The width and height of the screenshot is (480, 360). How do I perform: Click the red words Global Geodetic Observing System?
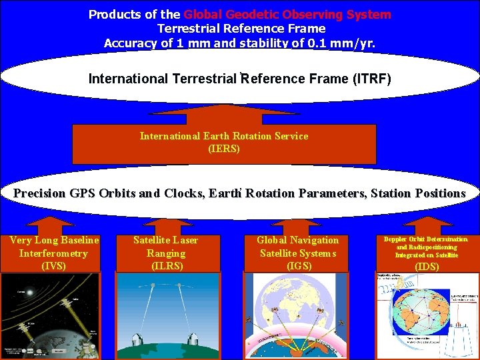tap(287, 14)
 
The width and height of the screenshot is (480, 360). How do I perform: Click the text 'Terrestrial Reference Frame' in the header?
tap(241, 28)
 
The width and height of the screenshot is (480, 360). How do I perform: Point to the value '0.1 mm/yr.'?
tap(341, 43)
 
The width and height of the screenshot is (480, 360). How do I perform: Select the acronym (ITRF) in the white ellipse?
tap(367, 79)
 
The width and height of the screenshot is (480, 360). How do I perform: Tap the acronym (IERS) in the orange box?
tap(224, 149)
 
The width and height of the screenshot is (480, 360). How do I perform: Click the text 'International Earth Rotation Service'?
tap(224, 136)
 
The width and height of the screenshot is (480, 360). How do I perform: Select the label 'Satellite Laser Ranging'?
tap(165, 247)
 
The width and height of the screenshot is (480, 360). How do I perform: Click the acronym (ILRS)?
tap(165, 266)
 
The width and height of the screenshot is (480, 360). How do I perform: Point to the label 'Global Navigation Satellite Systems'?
tap(298, 247)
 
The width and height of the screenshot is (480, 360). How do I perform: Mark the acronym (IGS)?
tap(298, 266)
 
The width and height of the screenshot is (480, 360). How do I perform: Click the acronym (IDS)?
tap(427, 267)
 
